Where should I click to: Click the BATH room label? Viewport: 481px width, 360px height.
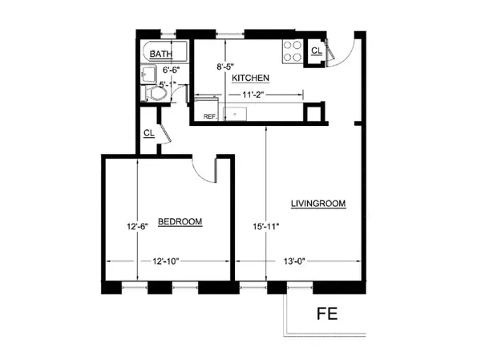coord(161,55)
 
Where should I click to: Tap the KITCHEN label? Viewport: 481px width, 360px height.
coord(250,78)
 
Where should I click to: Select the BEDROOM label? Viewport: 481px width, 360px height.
coord(179,221)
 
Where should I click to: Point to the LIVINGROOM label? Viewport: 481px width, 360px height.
coord(318,204)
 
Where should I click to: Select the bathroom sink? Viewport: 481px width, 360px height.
coord(148,74)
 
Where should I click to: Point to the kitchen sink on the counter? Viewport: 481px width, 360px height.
coord(236,112)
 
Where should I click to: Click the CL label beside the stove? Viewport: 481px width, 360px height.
coord(317,51)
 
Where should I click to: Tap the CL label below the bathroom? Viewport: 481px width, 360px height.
coord(149,133)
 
